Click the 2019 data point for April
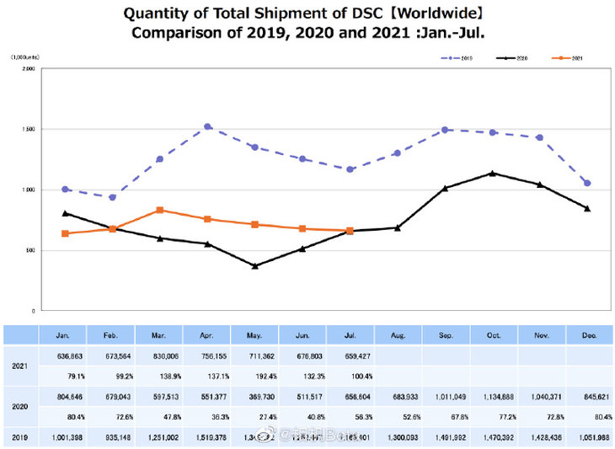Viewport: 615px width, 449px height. pyautogui.click(x=207, y=126)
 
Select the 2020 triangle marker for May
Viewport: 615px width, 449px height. pyautogui.click(x=255, y=266)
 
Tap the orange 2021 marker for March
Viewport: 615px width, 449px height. pyautogui.click(x=160, y=210)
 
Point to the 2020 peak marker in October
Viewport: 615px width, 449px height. pyautogui.click(x=492, y=174)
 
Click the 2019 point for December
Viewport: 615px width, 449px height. pyautogui.click(x=587, y=183)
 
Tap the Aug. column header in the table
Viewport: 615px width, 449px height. pyautogui.click(x=398, y=335)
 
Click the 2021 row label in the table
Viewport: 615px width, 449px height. pyautogui.click(x=20, y=366)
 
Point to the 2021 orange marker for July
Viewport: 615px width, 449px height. pyautogui.click(x=350, y=231)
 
